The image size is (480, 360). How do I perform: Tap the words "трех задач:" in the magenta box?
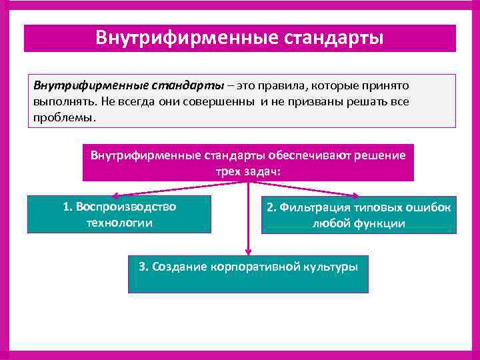248,171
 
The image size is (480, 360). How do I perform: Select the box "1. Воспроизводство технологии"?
119,214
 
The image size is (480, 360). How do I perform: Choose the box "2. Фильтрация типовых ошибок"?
359,215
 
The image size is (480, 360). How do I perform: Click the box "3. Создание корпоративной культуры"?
248,273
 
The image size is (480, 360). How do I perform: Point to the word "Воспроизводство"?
126,206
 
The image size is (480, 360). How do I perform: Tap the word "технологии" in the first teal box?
119,223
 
